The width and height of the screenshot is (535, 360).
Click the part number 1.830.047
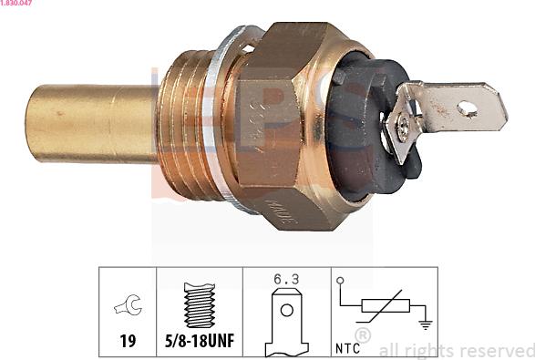click(17, 5)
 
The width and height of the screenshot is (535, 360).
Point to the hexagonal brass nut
click(287, 118)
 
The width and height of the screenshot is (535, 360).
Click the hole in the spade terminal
click(468, 109)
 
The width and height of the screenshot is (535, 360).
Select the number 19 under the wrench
click(128, 341)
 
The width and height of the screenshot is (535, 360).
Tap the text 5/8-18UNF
click(199, 341)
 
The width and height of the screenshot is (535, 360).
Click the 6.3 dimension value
click(284, 281)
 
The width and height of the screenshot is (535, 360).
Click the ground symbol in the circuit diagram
click(423, 322)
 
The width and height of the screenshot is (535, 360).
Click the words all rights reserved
click(456, 350)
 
